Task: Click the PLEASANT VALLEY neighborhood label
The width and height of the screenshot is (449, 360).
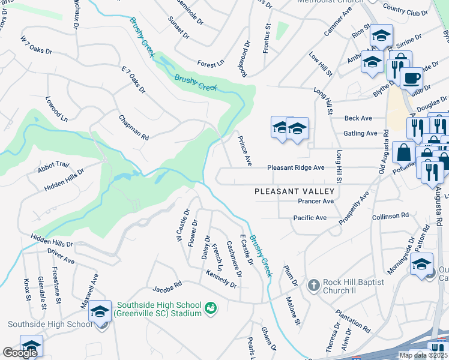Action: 294,191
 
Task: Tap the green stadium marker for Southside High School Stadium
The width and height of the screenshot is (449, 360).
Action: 211,308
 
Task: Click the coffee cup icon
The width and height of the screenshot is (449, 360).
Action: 411,78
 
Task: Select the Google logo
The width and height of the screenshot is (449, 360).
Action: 20,353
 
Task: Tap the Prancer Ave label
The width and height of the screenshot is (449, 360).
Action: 312,201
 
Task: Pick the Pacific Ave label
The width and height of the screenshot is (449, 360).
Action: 309,217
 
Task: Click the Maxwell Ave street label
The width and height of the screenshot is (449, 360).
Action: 90,291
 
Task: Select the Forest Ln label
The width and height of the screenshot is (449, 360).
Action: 211,62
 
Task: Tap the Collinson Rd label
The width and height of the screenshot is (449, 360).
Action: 390,215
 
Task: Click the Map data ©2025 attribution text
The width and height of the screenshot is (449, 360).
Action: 423,355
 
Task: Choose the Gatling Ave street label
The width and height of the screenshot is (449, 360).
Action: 360,133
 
